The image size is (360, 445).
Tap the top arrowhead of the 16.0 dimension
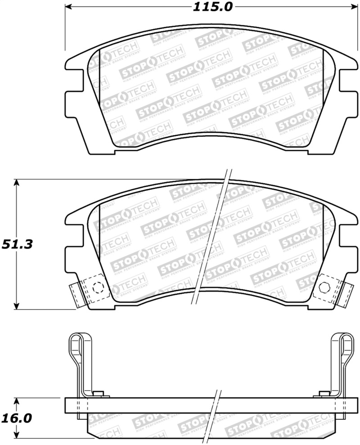(x=17, y=401)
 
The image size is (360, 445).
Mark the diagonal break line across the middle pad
(x=211, y=238)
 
